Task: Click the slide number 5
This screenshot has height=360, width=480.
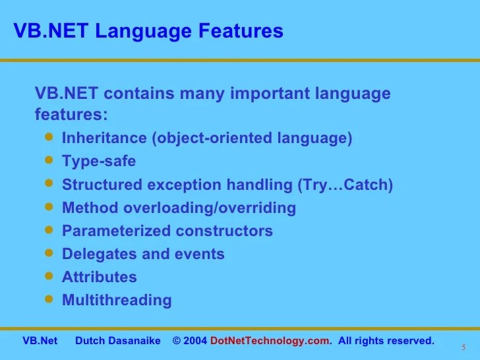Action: [463, 347]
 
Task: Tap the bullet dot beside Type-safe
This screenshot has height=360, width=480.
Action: [47, 160]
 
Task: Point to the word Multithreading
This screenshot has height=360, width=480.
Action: [117, 300]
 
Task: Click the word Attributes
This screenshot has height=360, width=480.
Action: [99, 277]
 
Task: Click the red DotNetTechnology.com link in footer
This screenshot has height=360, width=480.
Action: [269, 341]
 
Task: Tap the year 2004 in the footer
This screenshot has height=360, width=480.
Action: [196, 341]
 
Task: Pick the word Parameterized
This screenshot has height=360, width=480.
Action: [116, 231]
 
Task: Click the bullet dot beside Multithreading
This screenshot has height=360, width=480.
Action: [47, 298]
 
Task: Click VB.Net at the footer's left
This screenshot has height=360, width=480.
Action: [40, 341]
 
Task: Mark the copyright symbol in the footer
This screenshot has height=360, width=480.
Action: [177, 341]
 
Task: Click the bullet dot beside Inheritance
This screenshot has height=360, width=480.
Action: [47, 136]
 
